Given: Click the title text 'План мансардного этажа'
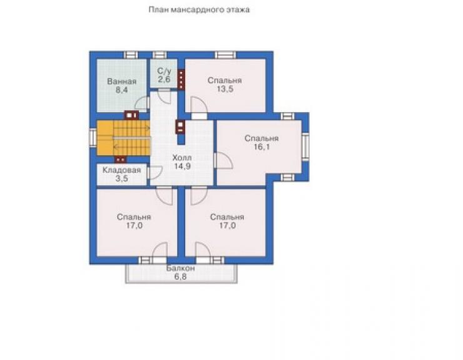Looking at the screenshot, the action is (199, 10).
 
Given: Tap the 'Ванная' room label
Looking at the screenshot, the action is (121, 81).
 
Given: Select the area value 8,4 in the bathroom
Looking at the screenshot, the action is (121, 90).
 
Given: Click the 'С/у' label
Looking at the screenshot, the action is (164, 71).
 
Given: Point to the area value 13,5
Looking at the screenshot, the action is (225, 89).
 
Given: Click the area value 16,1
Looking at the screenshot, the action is (262, 147).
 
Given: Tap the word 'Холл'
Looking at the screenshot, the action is (182, 158).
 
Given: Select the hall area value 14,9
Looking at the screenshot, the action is (182, 166).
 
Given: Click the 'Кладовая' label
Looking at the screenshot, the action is (121, 170).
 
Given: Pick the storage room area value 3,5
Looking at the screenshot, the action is (121, 178).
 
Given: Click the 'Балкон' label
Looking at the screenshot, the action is (180, 269).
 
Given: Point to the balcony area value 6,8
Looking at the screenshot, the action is (180, 277).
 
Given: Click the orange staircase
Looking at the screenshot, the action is (123, 138).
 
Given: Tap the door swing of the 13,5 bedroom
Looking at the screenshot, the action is (199, 105).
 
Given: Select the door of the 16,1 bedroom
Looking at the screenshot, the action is (223, 160).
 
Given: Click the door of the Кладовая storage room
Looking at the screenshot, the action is (155, 173).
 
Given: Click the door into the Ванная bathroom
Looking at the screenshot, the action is (142, 103).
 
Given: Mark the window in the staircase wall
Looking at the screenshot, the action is (93, 138).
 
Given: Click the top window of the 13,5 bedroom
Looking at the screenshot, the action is (225, 55).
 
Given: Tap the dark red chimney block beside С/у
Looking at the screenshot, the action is (181, 79).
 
